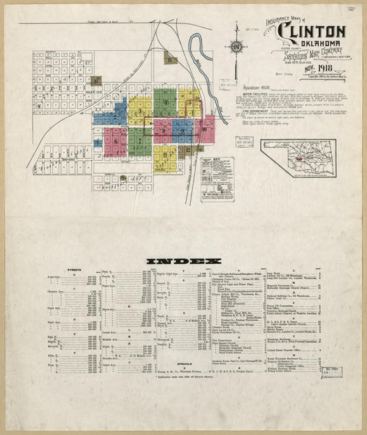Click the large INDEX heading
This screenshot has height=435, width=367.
point(183,261)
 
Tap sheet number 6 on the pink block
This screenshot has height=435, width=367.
point(116,142)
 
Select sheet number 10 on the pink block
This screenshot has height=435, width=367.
point(205,129)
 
